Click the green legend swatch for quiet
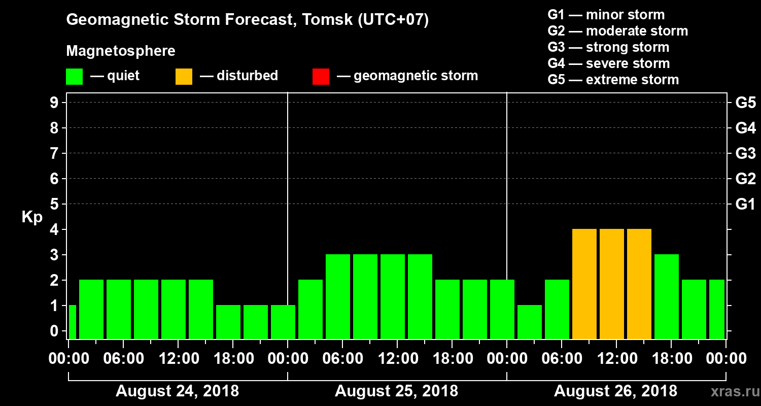[x=74, y=76]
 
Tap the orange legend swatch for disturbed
[x=184, y=76]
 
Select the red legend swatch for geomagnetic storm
[x=321, y=76]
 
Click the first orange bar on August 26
[x=584, y=284]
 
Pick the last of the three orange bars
[x=639, y=284]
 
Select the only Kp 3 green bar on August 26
[x=667, y=296]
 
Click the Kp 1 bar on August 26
[x=530, y=322]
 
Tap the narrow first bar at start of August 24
[x=72, y=322]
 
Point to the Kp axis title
[x=32, y=217]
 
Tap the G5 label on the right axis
[x=745, y=103]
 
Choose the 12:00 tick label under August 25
[x=396, y=359]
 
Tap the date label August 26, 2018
[x=615, y=391]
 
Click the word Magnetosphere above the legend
[x=121, y=51]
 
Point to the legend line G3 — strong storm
[x=608, y=47]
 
